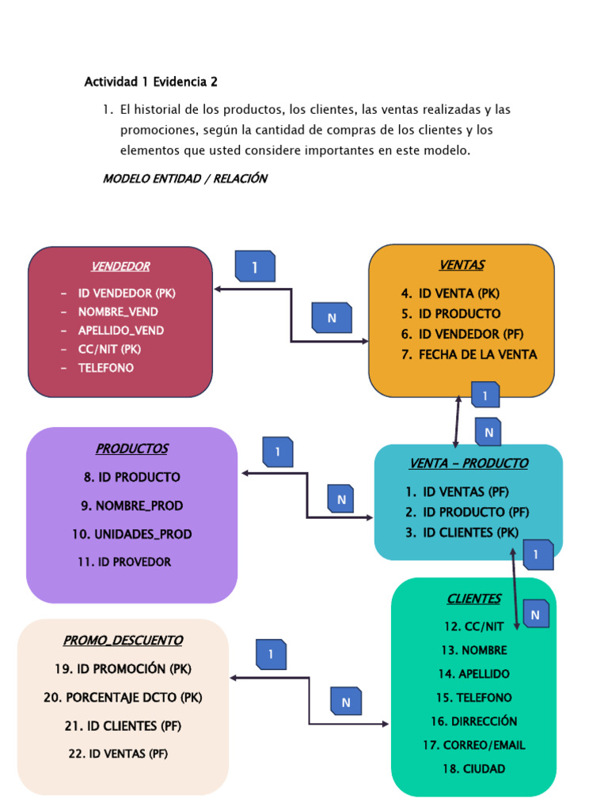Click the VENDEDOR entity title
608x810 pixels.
pos(120,267)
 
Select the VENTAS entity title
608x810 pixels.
pos(462,265)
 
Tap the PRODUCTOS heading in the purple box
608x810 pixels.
pos(131,449)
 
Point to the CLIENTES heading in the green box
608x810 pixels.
pos(473,599)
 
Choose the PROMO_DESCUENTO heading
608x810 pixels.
pos(123,640)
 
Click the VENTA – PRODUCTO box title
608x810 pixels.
pos(468,463)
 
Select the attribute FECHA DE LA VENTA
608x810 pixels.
pos(477,354)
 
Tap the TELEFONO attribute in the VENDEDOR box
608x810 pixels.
pos(105,368)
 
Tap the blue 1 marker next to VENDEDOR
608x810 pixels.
pos(255,267)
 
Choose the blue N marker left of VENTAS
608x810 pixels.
pos(332,318)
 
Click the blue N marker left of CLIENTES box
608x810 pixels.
pos(346,702)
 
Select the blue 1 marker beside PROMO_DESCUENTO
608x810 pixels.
pos(271,654)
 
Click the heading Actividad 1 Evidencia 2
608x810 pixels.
pos(150,81)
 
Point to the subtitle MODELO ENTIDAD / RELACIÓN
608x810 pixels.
pos(184,179)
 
